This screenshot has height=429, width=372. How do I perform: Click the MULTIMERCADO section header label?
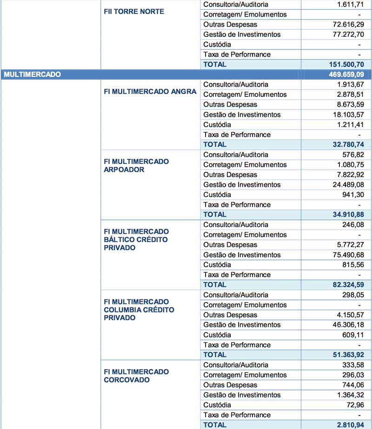[x=32, y=75]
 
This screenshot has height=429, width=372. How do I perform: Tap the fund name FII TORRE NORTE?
[x=133, y=11]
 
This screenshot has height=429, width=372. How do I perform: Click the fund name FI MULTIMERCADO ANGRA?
[x=150, y=91]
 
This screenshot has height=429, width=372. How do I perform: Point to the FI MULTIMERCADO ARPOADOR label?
[x=136, y=165]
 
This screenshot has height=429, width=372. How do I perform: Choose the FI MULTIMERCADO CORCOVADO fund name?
[x=136, y=376]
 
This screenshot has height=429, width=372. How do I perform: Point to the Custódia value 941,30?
[x=352, y=195]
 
